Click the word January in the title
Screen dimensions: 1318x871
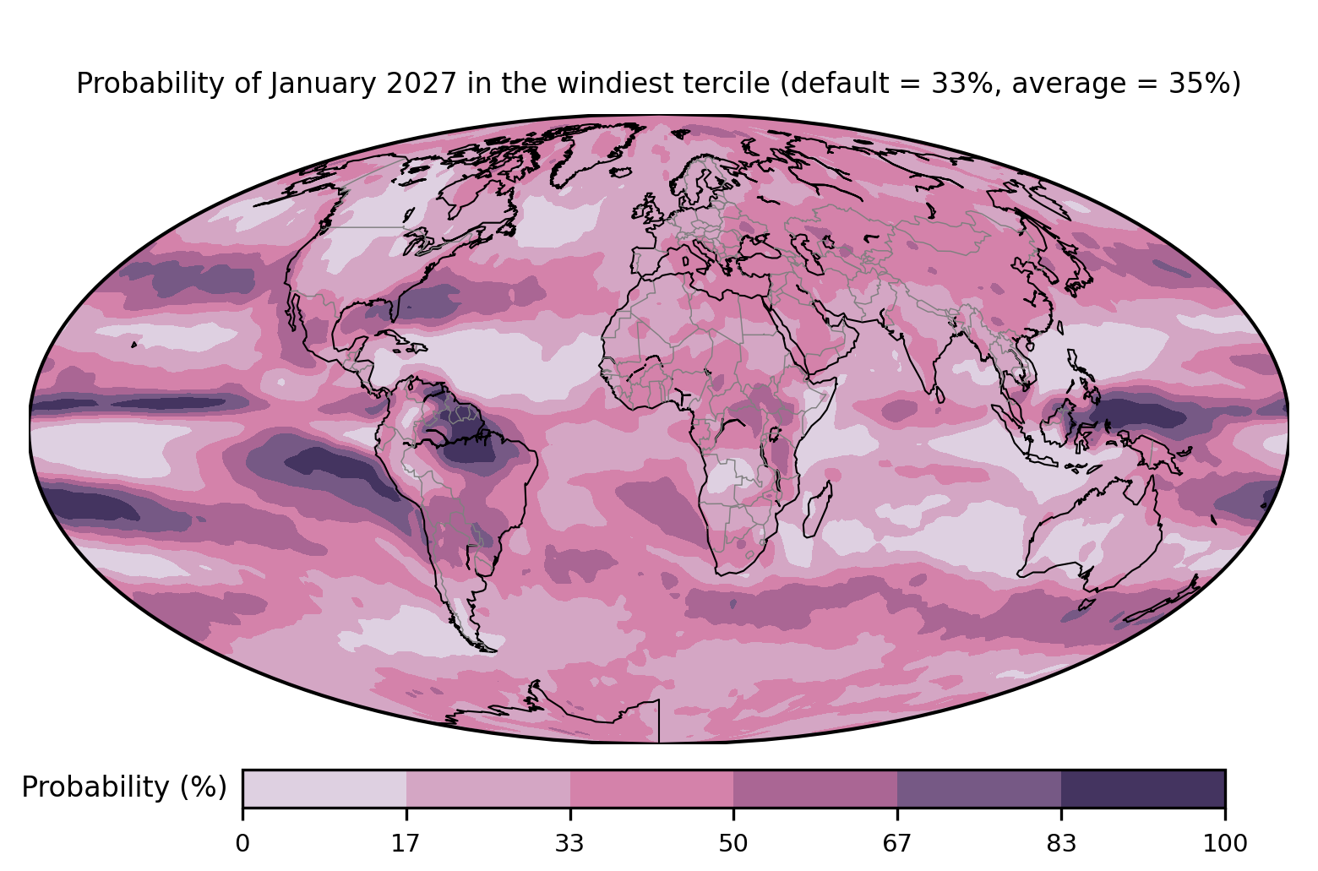322,84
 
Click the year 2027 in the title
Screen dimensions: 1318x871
422,83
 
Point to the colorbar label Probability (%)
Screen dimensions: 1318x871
124,787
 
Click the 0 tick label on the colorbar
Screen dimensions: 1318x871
242,844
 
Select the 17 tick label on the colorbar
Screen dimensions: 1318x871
406,844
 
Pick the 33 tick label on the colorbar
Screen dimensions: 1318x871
569,844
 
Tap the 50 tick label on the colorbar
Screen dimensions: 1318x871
733,844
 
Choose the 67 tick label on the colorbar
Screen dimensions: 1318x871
896,844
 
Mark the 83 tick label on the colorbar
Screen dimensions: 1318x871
1061,844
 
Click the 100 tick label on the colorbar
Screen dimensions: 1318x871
1225,844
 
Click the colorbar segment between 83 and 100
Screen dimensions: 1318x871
1143,788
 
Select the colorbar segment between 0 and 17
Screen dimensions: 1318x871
324,788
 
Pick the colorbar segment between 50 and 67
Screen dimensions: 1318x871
815,788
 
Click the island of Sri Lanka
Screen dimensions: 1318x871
939,394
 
